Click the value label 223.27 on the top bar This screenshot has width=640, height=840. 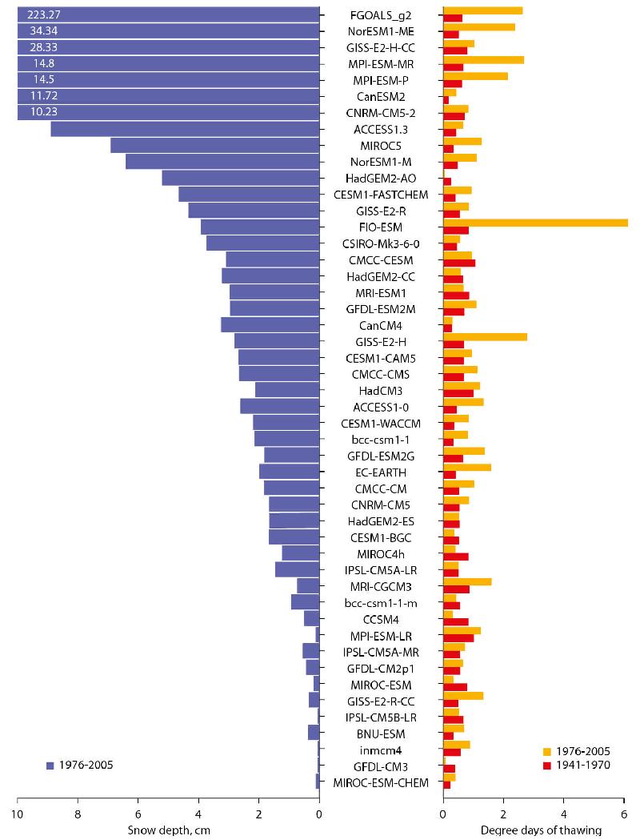[38, 14]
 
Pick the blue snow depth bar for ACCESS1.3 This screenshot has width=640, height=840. [185, 129]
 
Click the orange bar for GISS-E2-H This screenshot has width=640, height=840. [485, 337]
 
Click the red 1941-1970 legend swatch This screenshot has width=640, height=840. [547, 765]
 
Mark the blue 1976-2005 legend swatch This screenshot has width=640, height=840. [50, 766]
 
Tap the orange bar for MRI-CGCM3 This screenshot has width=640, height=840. [467, 582]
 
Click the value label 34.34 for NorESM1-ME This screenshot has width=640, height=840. [38, 30]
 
